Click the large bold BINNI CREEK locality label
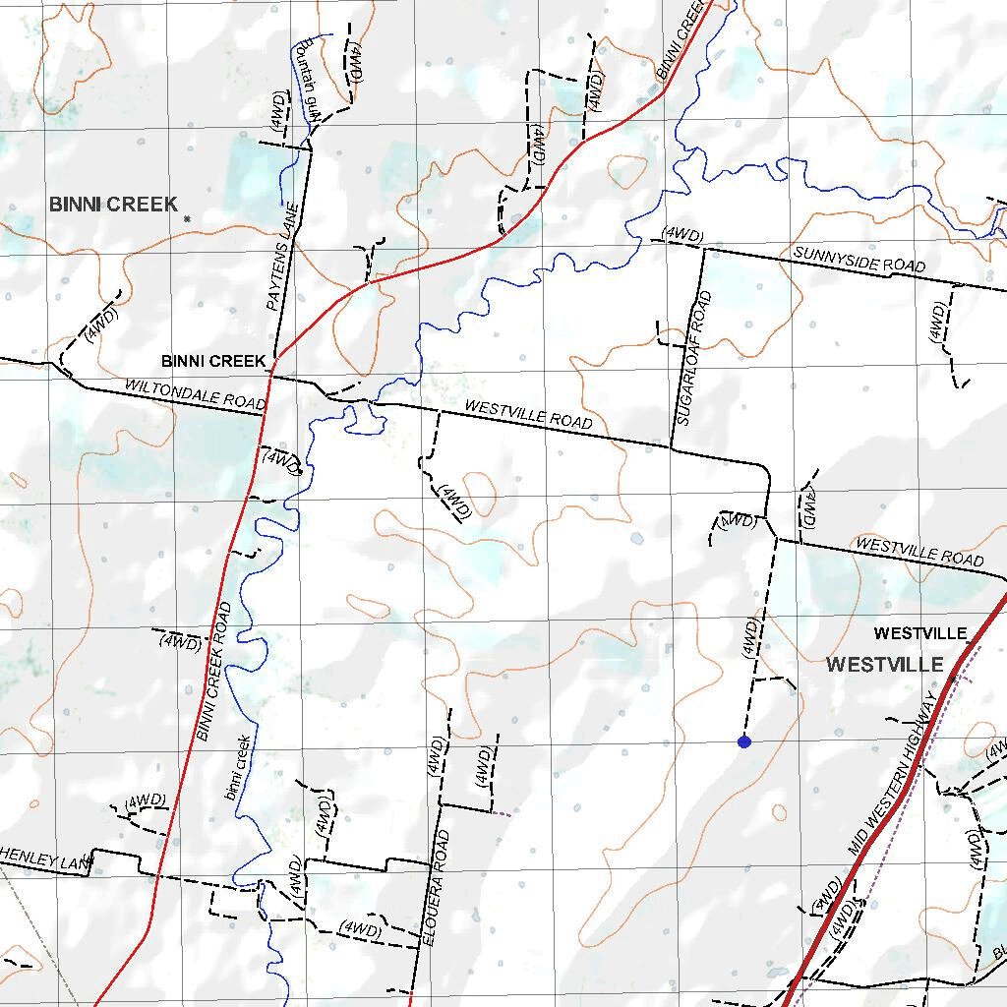coord(114,205)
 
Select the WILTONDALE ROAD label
coord(195,394)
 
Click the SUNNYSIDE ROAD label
coord(859,261)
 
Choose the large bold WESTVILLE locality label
coord(885,665)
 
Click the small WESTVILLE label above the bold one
coord(920,632)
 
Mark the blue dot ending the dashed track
coord(744,741)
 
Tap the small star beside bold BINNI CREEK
coord(186,217)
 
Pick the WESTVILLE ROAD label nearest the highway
coord(919,550)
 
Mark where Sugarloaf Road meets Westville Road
coord(672,448)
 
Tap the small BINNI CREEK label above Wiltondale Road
coord(213,361)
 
